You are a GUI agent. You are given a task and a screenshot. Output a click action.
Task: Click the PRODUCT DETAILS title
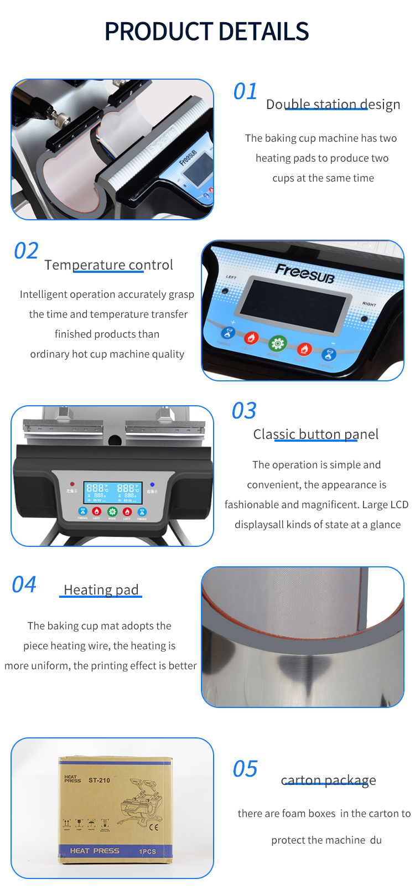tap(206, 32)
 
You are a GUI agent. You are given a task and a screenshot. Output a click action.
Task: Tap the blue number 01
tap(245, 91)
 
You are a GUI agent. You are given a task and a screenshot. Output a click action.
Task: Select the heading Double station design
tap(333, 104)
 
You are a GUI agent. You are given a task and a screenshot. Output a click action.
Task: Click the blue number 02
tap(26, 251)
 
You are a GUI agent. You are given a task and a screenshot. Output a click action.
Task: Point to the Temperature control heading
tap(108, 265)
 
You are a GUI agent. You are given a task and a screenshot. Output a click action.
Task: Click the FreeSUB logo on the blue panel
tap(304, 272)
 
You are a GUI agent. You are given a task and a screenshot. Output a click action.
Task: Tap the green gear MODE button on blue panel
tap(277, 344)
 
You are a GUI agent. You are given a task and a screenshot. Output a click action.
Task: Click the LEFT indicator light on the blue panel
tap(225, 291)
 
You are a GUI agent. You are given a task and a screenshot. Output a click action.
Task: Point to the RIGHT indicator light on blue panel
tap(364, 319)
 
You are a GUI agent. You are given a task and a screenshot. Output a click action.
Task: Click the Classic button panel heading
tap(315, 435)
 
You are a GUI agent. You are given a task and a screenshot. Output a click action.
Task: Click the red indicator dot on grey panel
tap(72, 484)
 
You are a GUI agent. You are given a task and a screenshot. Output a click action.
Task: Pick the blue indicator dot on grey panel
tap(152, 484)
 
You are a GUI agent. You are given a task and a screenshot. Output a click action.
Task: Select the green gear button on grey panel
tap(112, 511)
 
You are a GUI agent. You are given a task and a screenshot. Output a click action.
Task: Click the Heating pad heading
tap(101, 590)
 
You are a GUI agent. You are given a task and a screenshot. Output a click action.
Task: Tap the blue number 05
tap(245, 769)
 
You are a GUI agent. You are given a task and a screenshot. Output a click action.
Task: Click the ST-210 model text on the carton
tap(99, 781)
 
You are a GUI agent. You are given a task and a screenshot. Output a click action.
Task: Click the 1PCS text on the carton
tap(147, 851)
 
